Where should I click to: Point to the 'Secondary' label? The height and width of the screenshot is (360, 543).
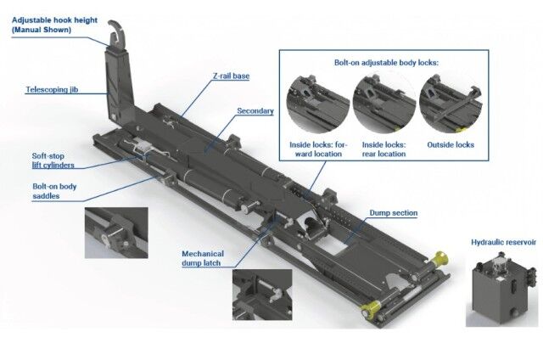click(x=255, y=111)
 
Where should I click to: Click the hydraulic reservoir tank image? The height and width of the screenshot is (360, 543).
click(x=501, y=289)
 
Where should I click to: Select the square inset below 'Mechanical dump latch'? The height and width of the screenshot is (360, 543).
click(x=262, y=295)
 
